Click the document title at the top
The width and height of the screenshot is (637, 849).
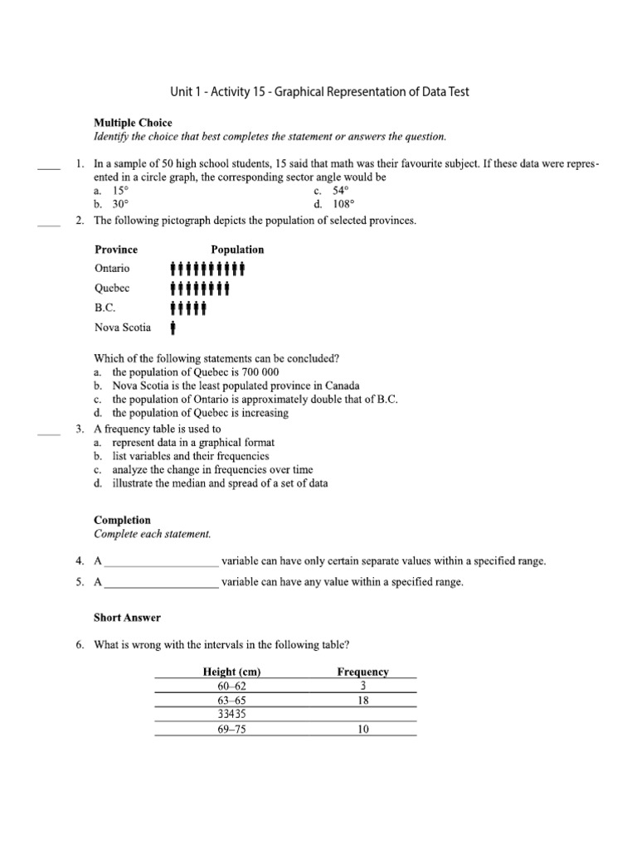pos(318,92)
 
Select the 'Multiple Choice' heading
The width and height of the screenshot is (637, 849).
pos(133,123)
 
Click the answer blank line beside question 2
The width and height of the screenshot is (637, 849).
pos(49,223)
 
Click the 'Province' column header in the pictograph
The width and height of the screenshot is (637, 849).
pos(116,250)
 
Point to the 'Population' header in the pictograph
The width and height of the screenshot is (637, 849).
pos(237,250)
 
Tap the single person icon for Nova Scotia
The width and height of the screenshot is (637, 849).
pos(173,327)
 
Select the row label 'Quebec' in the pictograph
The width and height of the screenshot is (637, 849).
pos(112,289)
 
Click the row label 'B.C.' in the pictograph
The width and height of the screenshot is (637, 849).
pos(105,308)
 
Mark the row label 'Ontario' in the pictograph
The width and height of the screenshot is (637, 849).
pos(112,269)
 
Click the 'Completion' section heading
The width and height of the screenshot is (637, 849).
pos(122,521)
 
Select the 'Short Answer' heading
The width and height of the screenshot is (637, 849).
pos(127,618)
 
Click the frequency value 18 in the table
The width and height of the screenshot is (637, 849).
pos(363,701)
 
